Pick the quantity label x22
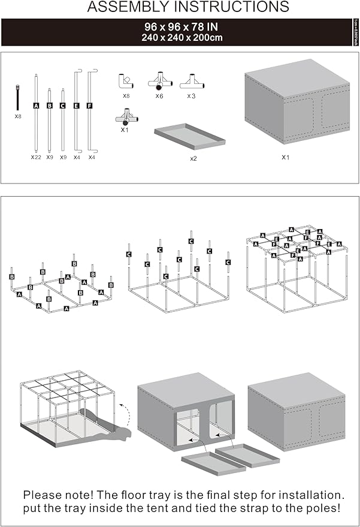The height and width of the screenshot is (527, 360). pyautogui.click(x=36, y=157)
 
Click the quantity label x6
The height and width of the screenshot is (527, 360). pyautogui.click(x=159, y=96)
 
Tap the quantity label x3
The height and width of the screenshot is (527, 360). pyautogui.click(x=191, y=96)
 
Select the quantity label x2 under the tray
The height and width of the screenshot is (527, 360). pyautogui.click(x=193, y=159)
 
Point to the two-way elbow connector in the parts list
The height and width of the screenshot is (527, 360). pyautogui.click(x=126, y=81)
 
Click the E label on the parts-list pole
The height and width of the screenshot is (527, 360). pyautogui.click(x=76, y=105)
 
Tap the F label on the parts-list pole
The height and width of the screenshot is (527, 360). pyautogui.click(x=90, y=105)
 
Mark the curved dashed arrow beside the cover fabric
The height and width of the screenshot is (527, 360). pyautogui.click(x=125, y=414)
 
